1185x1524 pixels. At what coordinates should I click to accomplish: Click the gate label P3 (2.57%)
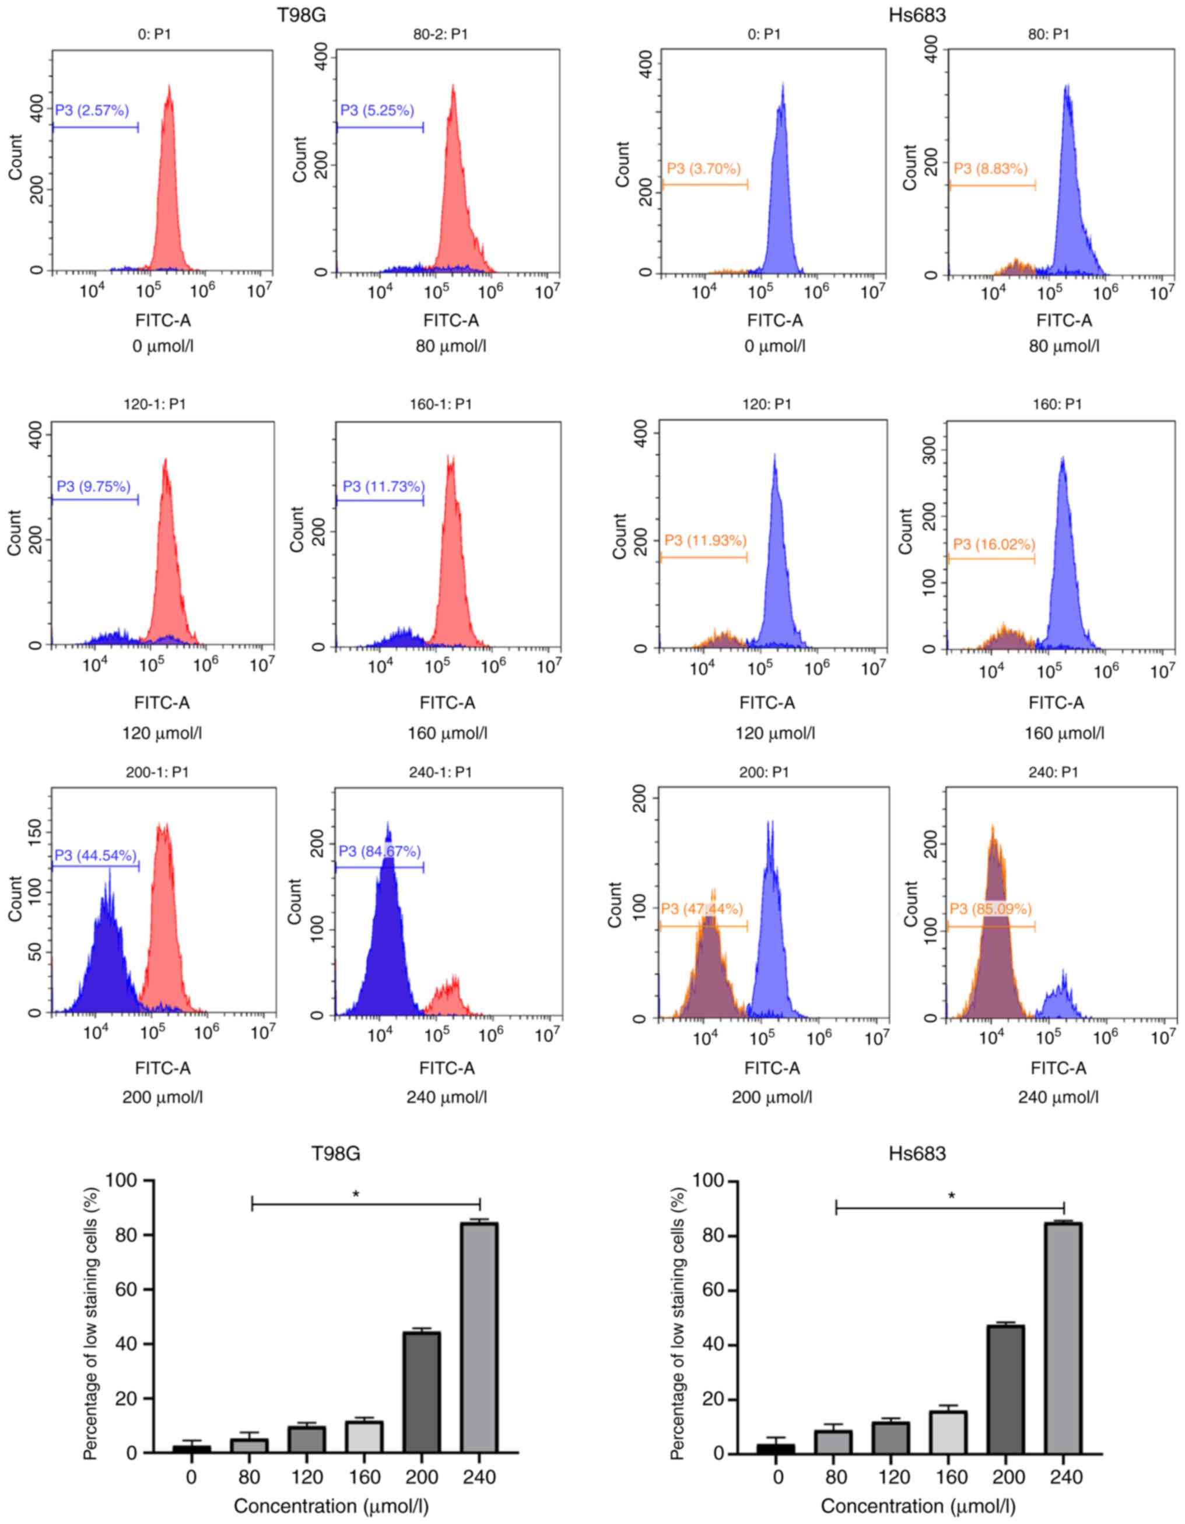[92, 110]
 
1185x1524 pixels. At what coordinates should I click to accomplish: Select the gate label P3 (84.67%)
[380, 852]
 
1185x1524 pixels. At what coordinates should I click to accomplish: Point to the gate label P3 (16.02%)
[994, 544]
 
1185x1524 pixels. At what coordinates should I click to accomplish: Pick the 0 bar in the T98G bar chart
[191, 1449]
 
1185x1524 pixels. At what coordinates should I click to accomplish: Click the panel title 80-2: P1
[440, 34]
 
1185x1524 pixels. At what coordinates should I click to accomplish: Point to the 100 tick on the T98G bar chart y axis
[121, 1180]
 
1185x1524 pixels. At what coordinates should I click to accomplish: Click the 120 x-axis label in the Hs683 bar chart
[894, 1477]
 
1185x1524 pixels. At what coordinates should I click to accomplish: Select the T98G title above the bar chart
[336, 1154]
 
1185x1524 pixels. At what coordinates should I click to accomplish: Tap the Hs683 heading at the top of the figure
[917, 15]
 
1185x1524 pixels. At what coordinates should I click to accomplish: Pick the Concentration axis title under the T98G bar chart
[331, 1506]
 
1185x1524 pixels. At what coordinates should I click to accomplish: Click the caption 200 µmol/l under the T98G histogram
[163, 1097]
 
